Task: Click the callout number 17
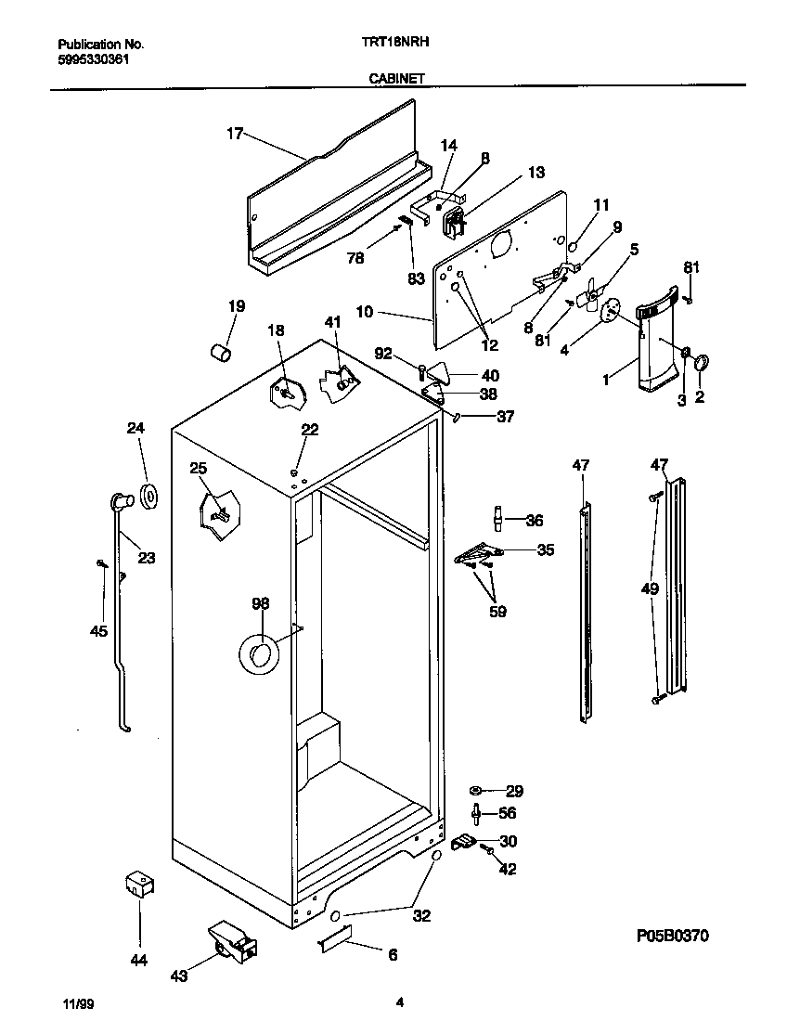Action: [233, 134]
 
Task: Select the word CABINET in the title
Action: [394, 80]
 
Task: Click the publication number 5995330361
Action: [93, 58]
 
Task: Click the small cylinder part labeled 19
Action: [221, 354]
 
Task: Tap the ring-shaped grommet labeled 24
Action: [148, 496]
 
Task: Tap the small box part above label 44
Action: [139, 885]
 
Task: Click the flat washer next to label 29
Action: [476, 791]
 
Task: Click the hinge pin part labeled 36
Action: [499, 519]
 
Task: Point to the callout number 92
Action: [383, 353]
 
